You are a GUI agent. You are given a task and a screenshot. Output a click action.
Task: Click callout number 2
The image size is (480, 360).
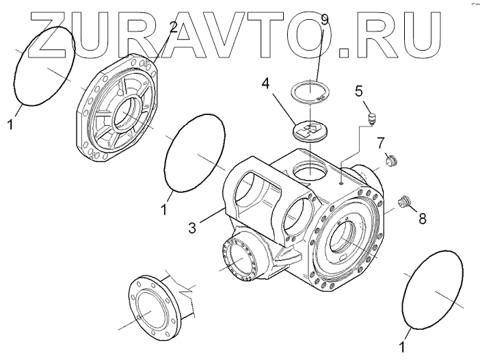pos(174,28)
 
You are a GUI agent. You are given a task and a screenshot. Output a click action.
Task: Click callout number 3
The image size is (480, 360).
pos(194,227)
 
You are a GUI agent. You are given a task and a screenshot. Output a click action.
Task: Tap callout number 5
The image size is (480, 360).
pos(358,91)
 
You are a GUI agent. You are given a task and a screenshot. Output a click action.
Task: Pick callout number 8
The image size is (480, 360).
pos(423,219)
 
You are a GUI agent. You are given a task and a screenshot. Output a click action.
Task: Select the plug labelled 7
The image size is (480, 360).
pos(392,162)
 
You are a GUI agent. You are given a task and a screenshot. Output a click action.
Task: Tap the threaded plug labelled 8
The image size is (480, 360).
pos(404,203)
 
